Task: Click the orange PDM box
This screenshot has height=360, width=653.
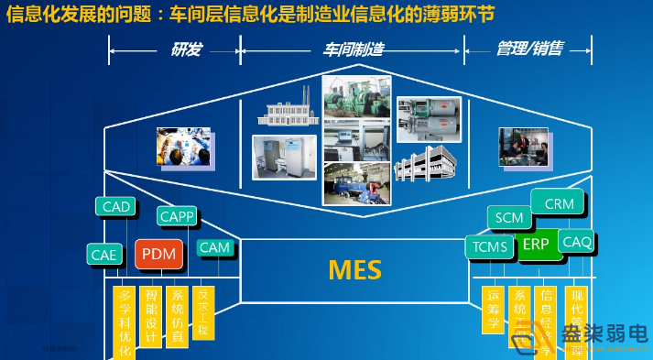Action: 160,254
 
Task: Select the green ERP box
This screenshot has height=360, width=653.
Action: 535,245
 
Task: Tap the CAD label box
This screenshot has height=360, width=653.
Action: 116,207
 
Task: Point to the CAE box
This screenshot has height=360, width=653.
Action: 105,254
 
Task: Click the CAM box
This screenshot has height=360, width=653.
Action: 215,247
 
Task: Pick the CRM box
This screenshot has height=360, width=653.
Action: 558,203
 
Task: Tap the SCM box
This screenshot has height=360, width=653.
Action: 509,218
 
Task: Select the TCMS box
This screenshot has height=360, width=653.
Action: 491,246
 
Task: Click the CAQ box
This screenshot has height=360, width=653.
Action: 576,242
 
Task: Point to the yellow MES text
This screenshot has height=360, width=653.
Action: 354,269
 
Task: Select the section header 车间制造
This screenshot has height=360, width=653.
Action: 353,49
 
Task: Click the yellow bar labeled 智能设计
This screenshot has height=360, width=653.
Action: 152,317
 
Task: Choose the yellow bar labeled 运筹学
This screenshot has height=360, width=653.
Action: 493,309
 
